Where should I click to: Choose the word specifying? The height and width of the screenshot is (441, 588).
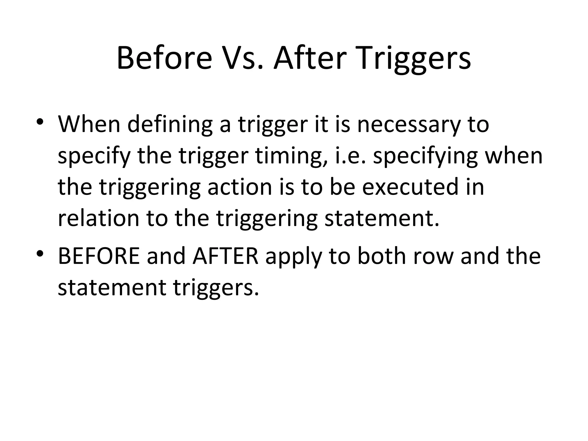click(425, 156)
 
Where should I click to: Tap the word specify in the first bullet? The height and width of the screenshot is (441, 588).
click(94, 156)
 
